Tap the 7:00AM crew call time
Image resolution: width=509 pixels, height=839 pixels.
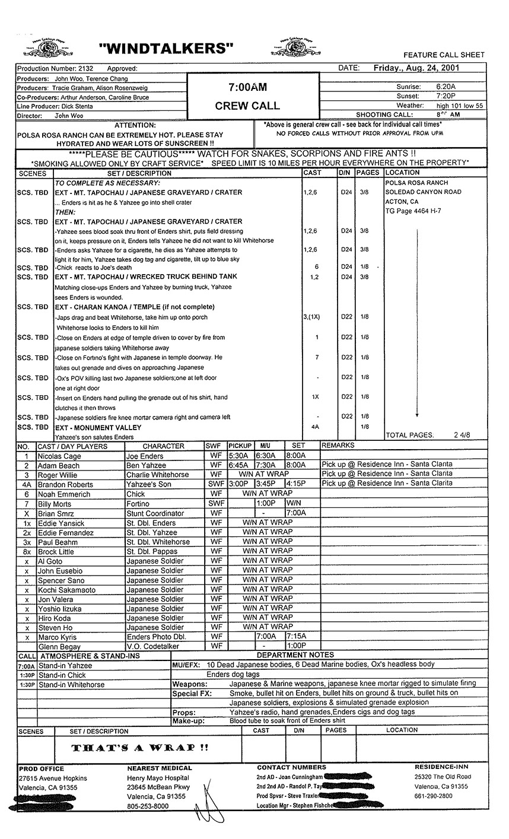point(247,87)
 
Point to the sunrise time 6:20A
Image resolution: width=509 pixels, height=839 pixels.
point(446,87)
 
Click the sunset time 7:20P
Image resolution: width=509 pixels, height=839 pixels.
point(446,96)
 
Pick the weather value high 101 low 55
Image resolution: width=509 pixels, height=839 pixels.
point(459,105)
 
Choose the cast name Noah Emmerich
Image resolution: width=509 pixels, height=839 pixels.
point(64,494)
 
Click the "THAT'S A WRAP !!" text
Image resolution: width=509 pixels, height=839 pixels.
point(140,748)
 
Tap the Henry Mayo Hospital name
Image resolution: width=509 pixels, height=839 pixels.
point(158,778)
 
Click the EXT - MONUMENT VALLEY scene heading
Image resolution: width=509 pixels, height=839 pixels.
point(98,427)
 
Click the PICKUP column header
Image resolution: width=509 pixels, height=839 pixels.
point(240,446)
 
